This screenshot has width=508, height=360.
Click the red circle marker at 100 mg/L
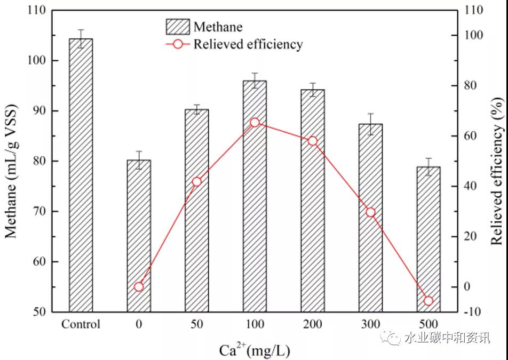255,123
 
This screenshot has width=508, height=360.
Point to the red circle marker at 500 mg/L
428,301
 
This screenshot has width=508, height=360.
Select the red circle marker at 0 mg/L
139,287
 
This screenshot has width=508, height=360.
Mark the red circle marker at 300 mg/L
370,212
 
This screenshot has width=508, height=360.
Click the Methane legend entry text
218,27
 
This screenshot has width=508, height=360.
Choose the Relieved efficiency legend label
248,44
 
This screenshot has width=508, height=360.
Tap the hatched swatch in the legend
177,27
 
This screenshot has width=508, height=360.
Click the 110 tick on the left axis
40,10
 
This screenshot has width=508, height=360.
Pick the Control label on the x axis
81,324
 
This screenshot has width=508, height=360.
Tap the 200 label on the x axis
312,324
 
